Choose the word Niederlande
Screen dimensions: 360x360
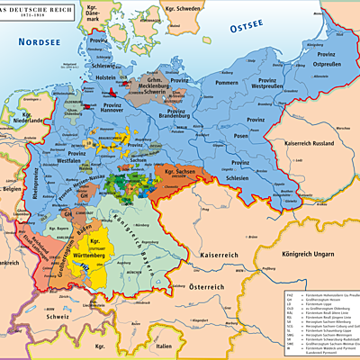(24, 120)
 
